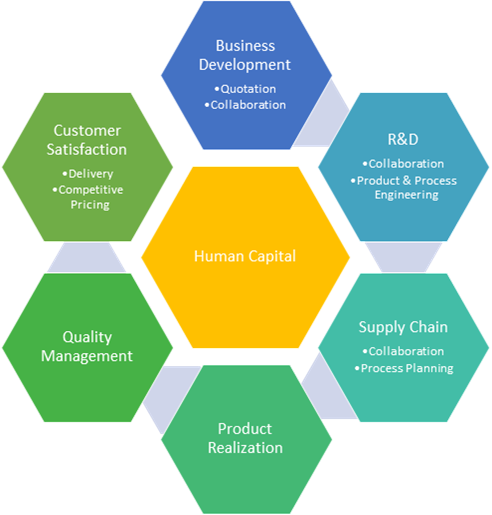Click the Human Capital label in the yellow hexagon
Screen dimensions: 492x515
(245, 256)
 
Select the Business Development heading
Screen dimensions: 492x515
(245, 55)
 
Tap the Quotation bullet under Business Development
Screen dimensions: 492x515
(245, 89)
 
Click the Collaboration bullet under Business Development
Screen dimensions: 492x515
(245, 105)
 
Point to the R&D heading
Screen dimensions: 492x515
(403, 139)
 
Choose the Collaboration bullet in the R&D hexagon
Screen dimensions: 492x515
(403, 164)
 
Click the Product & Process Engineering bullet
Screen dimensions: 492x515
(404, 187)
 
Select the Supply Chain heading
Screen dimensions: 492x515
(403, 327)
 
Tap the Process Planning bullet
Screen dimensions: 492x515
(404, 368)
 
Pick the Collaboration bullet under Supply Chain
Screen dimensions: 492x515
(403, 351)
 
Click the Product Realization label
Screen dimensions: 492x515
(245, 438)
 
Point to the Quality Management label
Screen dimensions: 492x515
(87, 346)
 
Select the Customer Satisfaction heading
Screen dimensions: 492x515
(87, 140)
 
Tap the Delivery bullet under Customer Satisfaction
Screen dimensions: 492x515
(88, 174)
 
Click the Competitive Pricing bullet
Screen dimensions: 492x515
(88, 197)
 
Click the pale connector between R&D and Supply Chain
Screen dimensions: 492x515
(403, 257)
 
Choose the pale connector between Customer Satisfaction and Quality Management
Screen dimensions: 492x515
(87, 257)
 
